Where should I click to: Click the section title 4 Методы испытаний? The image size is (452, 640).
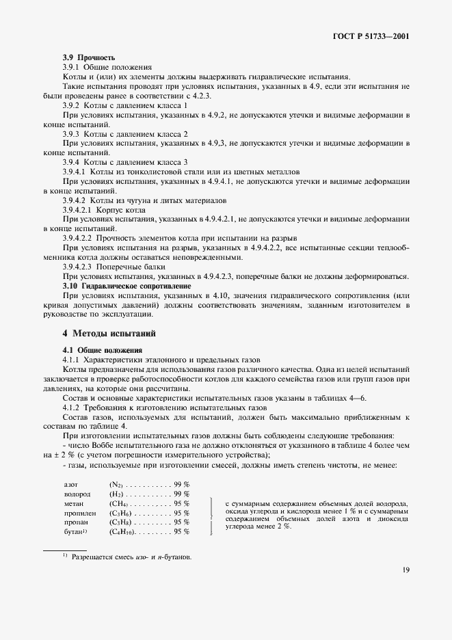tap(109, 334)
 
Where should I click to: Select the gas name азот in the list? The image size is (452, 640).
tap(71, 483)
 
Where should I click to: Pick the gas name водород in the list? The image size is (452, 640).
tap(77, 493)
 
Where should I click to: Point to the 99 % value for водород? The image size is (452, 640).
tap(181, 493)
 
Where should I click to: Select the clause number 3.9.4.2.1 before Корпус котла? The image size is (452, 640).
tap(82, 209)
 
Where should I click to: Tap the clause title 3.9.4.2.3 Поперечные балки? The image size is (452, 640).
tap(109, 267)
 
